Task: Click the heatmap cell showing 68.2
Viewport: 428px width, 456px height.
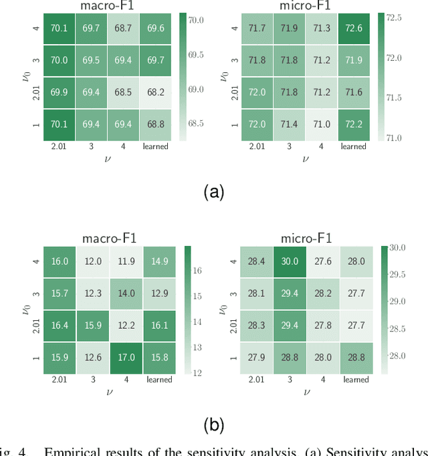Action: [x=155, y=92]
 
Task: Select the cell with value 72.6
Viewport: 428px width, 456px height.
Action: [x=353, y=28]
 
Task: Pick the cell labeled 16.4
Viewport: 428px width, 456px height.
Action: [x=59, y=326]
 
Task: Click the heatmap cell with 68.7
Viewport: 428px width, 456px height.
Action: [x=123, y=28]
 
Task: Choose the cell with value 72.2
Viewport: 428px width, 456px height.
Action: [x=353, y=124]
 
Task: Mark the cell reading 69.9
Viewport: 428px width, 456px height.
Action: [x=59, y=92]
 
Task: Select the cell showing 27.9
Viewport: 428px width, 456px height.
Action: [x=257, y=358]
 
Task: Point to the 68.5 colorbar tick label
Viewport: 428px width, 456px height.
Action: [x=196, y=123]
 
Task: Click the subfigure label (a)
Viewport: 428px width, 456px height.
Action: [x=213, y=193]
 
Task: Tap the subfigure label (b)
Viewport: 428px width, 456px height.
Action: [x=213, y=424]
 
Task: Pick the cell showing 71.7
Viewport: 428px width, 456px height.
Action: [x=257, y=28]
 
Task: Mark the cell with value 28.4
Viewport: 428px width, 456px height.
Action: [x=257, y=261]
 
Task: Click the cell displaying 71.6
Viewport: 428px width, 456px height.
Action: [x=353, y=92]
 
